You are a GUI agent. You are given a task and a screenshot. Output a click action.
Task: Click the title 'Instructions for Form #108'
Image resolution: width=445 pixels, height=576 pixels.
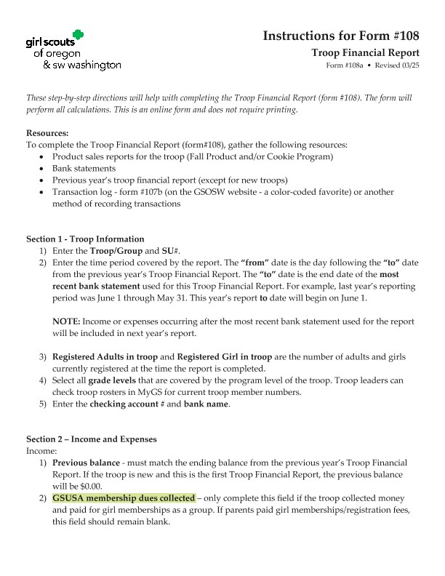click(x=340, y=36)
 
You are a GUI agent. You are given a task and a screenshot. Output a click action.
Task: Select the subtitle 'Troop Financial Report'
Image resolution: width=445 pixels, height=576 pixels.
click(x=365, y=53)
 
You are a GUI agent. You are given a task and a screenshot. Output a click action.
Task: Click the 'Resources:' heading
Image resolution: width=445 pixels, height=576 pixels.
click(x=47, y=133)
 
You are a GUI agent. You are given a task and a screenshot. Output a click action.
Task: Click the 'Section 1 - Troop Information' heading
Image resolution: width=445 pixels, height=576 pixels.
click(x=85, y=239)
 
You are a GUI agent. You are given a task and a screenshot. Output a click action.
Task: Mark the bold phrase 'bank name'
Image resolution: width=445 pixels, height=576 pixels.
click(x=206, y=404)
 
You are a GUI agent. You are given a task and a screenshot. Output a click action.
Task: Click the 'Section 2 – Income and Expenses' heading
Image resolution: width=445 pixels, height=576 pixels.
click(x=91, y=440)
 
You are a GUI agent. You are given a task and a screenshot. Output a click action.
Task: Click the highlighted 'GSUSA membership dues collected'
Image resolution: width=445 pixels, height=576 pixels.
click(x=124, y=498)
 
